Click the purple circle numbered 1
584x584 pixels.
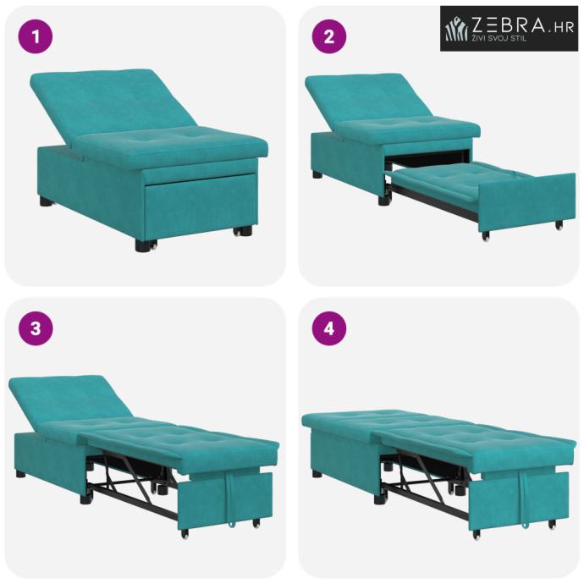pyautogui.click(x=36, y=37)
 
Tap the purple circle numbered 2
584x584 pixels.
pyautogui.click(x=329, y=37)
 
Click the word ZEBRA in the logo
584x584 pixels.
pyautogui.click(x=509, y=25)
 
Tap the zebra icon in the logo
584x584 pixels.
pyautogui.click(x=457, y=28)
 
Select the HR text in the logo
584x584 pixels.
pyautogui.click(x=563, y=27)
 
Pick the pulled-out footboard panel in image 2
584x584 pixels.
pyautogui.click(x=526, y=202)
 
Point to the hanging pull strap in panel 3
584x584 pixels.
pyautogui.click(x=230, y=499)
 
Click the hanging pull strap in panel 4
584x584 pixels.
pyautogui.click(x=524, y=500)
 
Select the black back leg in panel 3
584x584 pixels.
pyautogui.click(x=20, y=474)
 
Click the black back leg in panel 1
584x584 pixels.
pyautogui.click(x=47, y=202)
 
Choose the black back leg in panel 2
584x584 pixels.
pyautogui.click(x=317, y=174)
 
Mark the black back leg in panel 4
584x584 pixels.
pyautogui.click(x=317, y=473)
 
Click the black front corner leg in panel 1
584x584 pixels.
pyautogui.click(x=144, y=245)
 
